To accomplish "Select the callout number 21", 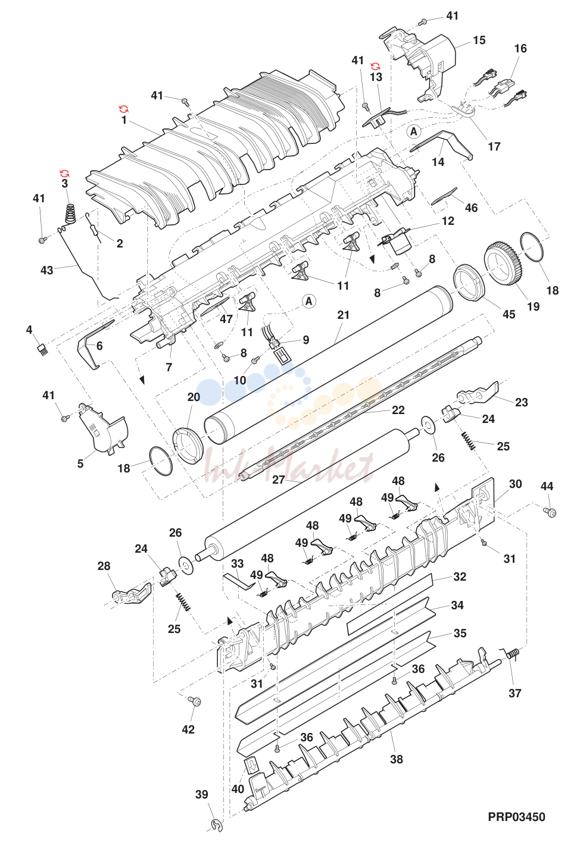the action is [343, 315].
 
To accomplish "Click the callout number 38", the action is [397, 759].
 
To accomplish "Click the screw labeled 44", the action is [550, 512].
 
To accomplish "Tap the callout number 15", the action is [479, 40].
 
